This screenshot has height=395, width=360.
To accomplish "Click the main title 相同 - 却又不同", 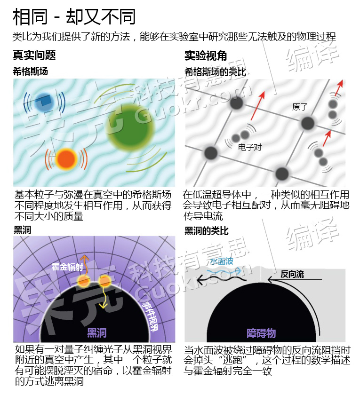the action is (74, 16).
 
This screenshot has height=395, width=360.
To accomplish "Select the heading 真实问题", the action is (34, 55).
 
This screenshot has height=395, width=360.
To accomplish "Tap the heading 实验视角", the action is (206, 55).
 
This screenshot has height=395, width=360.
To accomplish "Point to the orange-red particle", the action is (66, 159).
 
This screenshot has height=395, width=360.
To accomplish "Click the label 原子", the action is (300, 107).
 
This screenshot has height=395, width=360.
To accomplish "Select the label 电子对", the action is (250, 147).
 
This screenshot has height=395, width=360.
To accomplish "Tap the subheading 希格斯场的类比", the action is (216, 72).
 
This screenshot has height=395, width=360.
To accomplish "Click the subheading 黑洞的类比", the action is (207, 230).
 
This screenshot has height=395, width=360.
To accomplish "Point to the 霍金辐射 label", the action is (67, 267).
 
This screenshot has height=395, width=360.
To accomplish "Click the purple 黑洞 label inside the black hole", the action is (97, 333).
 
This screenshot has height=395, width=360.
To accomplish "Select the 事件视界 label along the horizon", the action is (150, 316).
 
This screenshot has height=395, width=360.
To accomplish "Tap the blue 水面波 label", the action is (222, 261).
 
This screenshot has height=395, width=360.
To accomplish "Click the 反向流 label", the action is (292, 274).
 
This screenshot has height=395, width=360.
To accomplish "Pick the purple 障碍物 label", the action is (261, 333).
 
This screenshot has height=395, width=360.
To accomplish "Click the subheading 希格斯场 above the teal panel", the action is (30, 71).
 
